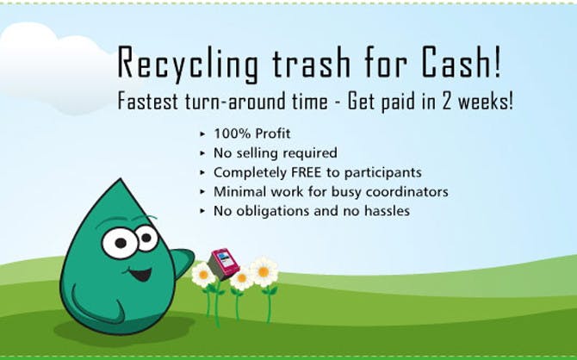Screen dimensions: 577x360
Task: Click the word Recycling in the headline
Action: click(188, 64)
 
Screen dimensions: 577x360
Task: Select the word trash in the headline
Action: click(311, 62)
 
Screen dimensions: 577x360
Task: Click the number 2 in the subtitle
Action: click(447, 102)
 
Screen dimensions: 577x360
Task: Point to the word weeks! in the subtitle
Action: click(486, 102)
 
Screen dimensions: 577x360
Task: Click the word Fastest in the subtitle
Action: click(148, 102)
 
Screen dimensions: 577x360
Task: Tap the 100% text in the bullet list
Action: click(232, 133)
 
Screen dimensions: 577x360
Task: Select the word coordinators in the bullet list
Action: click(406, 191)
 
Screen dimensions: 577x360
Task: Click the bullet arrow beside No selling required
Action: click(202, 153)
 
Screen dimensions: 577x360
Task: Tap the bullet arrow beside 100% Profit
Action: click(202, 133)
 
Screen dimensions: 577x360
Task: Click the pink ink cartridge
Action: click(224, 264)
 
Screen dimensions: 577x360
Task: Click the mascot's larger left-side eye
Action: click(120, 242)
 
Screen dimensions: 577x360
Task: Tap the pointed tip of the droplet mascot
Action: click(120, 180)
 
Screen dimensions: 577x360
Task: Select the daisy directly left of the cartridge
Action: click(203, 275)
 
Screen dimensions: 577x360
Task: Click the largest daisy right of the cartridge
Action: click(264, 271)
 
